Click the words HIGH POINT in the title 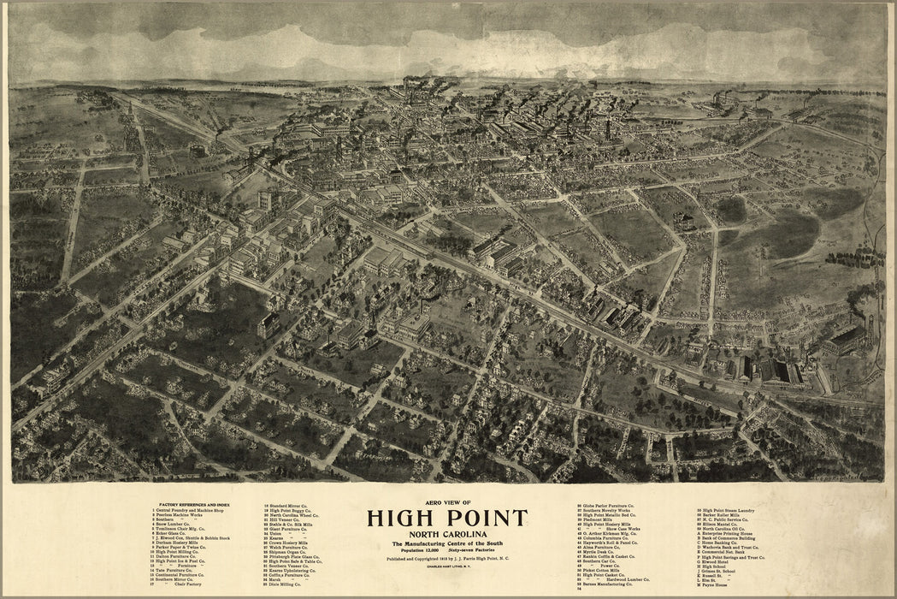(447, 519)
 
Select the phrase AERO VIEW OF (447, 502)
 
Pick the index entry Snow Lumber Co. (174, 531)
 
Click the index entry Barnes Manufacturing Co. (614, 583)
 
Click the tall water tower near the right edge (870, 329)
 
